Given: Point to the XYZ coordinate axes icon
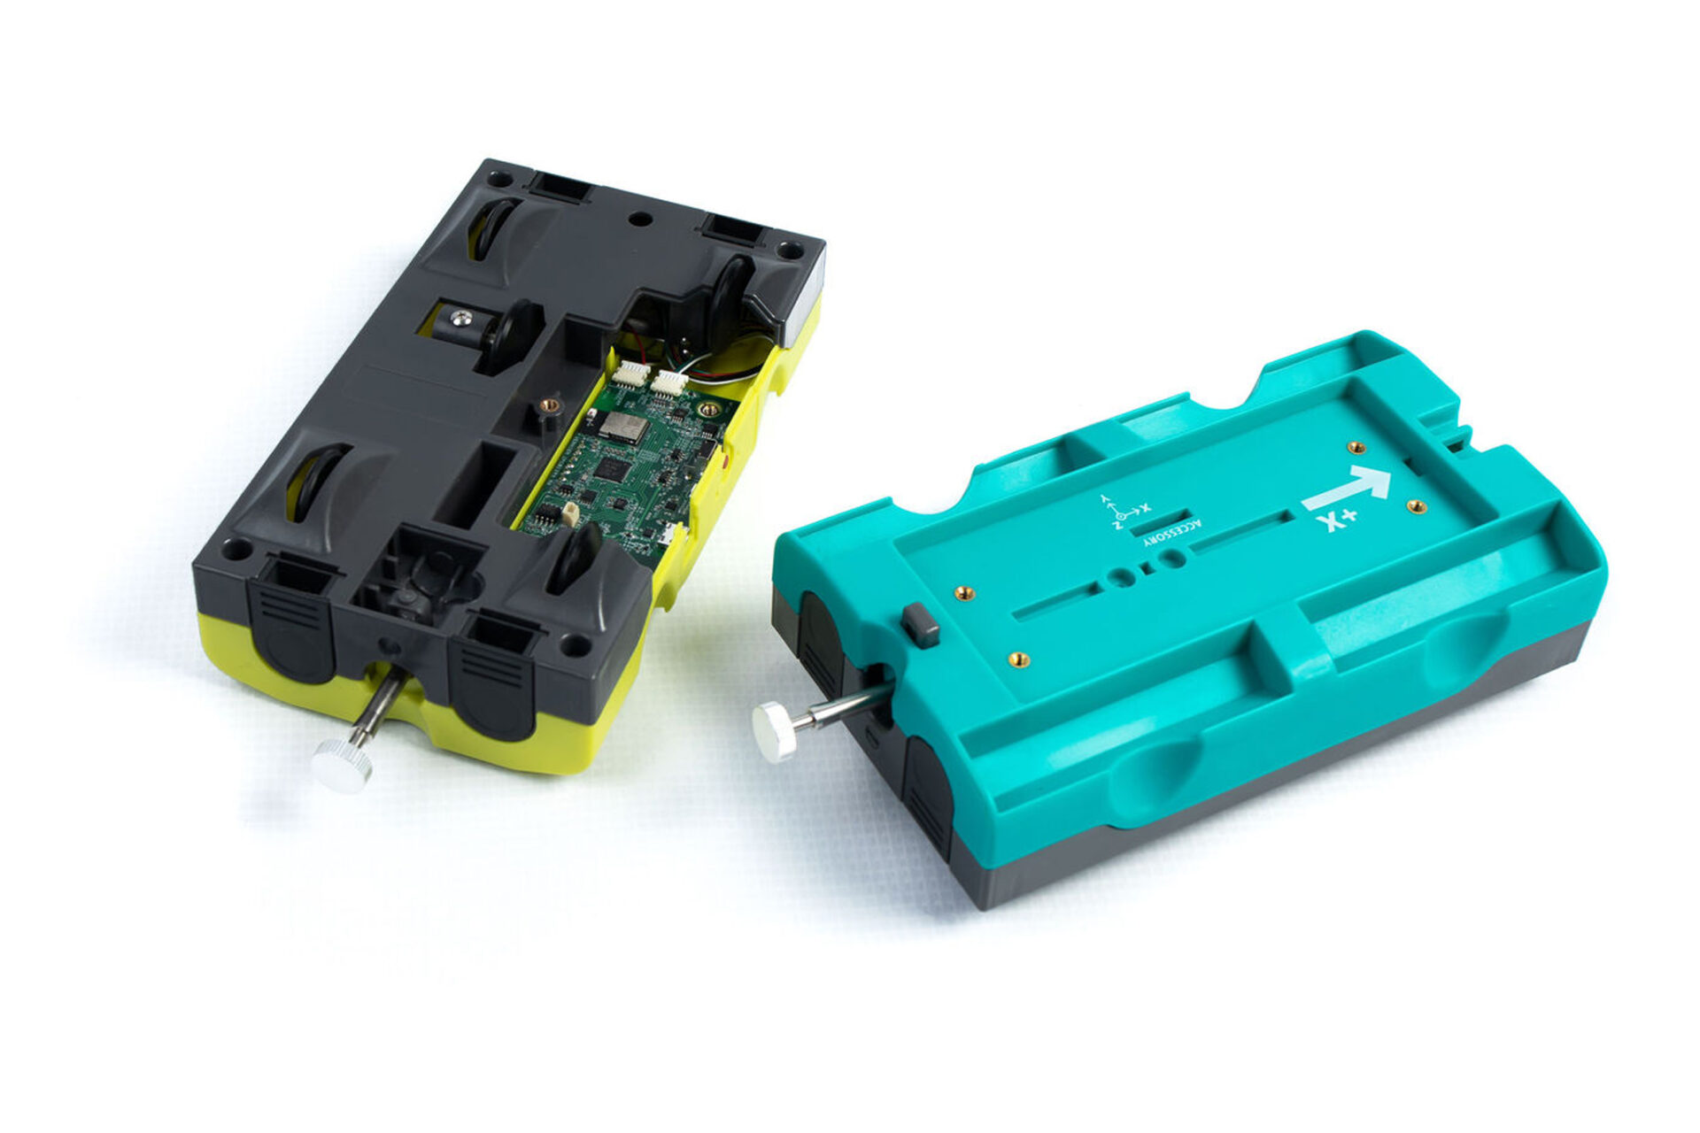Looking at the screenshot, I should (x=1122, y=513).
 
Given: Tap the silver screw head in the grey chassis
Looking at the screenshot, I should (x=460, y=318).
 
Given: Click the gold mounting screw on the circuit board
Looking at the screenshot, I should (x=707, y=409).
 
